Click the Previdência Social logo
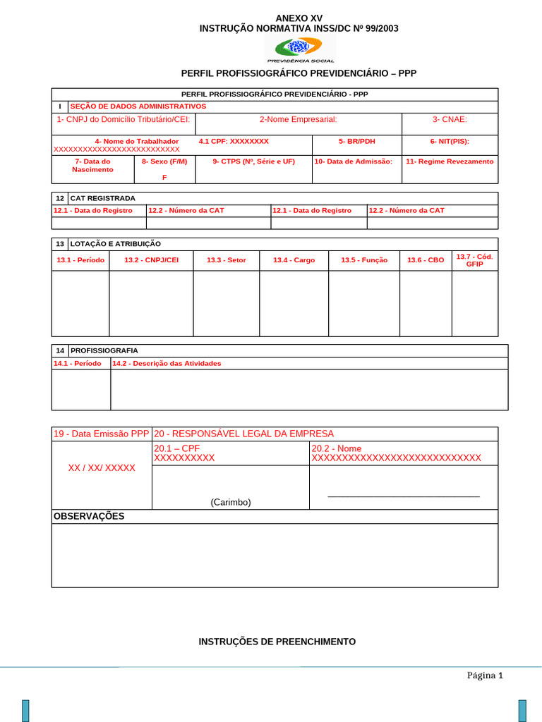[x=301, y=50]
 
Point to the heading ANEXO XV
[x=299, y=18]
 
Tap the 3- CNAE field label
[x=450, y=120]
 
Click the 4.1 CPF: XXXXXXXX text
[x=234, y=142]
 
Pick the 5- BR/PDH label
[x=356, y=142]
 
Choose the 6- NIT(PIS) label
[x=450, y=142]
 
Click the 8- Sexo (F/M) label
[x=164, y=161]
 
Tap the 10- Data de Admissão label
[x=353, y=161]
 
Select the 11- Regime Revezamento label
[x=450, y=161]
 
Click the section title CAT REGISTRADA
[x=102, y=198]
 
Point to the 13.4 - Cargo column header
[x=294, y=260]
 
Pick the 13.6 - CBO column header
[x=426, y=260]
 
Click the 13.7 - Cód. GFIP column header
[x=474, y=260]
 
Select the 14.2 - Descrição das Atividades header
[x=167, y=364]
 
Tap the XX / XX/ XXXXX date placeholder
[x=102, y=468]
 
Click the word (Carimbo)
[x=230, y=502]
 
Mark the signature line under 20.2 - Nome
[x=404, y=497]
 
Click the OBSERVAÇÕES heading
[x=89, y=516]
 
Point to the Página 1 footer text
[x=484, y=675]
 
